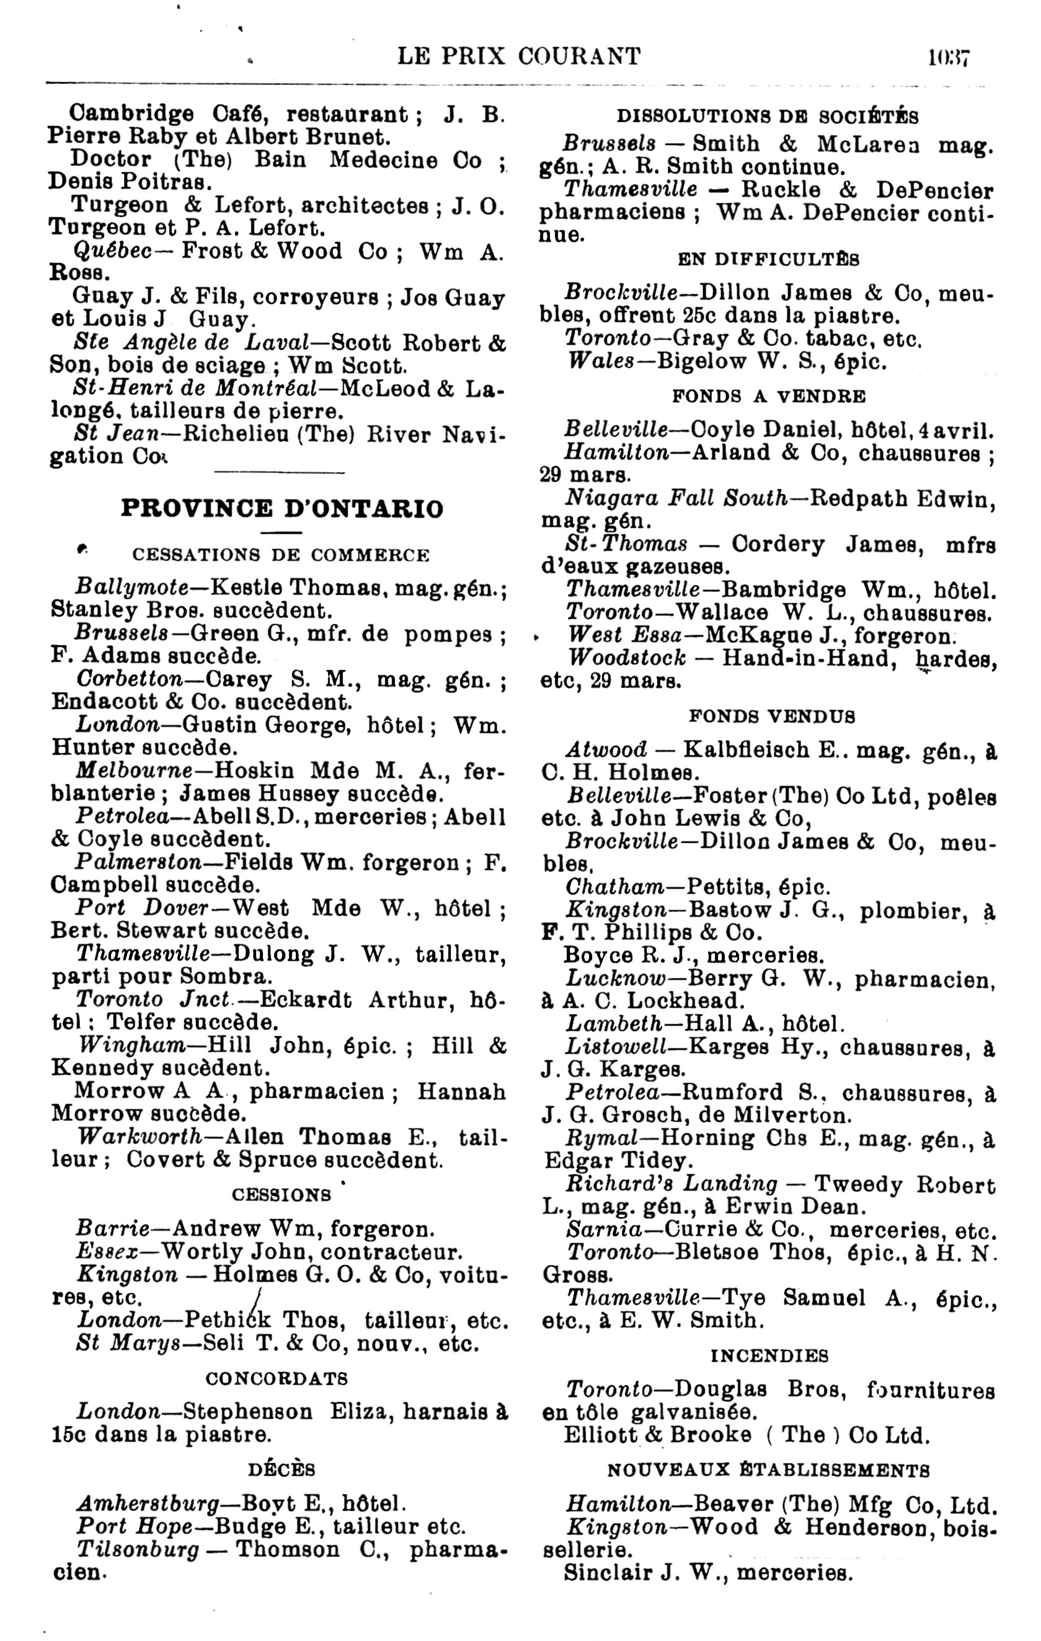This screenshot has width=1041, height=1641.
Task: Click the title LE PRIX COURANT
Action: click(x=519, y=56)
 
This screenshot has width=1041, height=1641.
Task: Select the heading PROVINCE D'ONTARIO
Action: click(x=281, y=508)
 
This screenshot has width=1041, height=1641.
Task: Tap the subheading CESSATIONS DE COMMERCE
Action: click(x=281, y=555)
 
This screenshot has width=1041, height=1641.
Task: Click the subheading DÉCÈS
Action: click(x=281, y=1469)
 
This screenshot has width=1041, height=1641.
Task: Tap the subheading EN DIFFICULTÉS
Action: click(x=768, y=260)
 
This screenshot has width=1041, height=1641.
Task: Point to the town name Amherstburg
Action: click(x=148, y=1503)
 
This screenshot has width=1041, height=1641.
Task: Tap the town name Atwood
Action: click(x=606, y=750)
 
